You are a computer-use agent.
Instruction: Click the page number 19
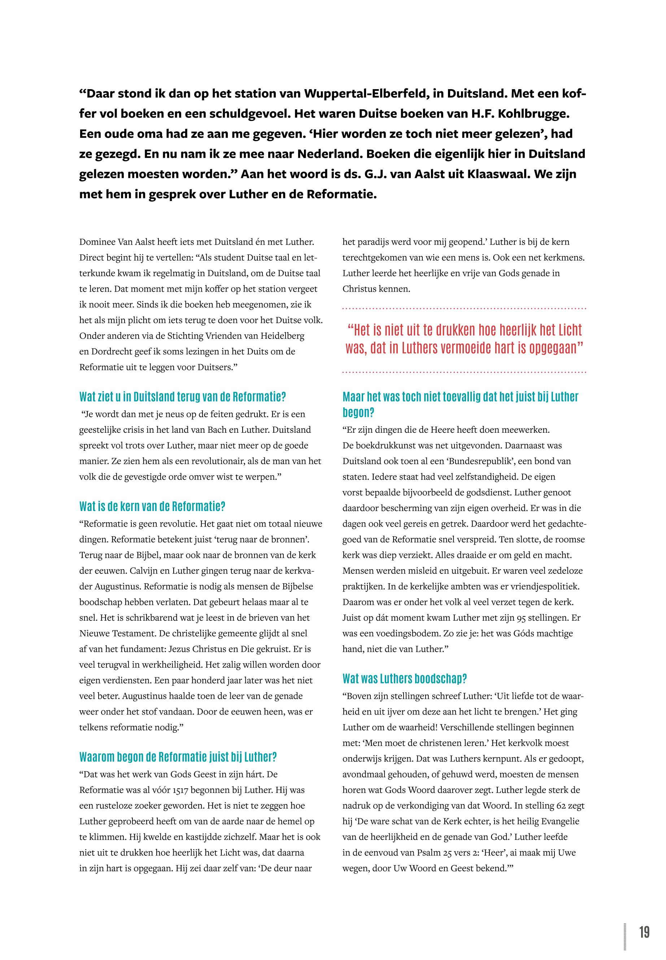tap(644, 920)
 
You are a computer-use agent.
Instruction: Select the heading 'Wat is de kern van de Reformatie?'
tap(152, 506)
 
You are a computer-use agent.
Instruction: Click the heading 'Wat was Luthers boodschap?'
tap(404, 679)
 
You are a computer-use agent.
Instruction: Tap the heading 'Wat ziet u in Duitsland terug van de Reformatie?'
tap(182, 396)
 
